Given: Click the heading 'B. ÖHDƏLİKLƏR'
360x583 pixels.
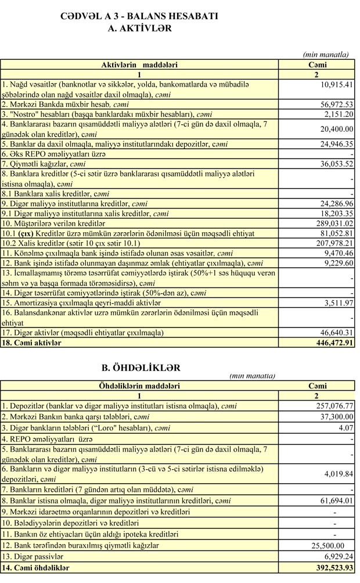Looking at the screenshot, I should coord(141,368).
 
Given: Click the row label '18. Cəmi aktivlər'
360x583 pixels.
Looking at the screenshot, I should coord(32,343).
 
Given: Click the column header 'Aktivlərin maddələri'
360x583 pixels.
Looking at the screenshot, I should coord(139,65).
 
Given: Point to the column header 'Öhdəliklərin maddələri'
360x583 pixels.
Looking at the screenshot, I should coord(139,386).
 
